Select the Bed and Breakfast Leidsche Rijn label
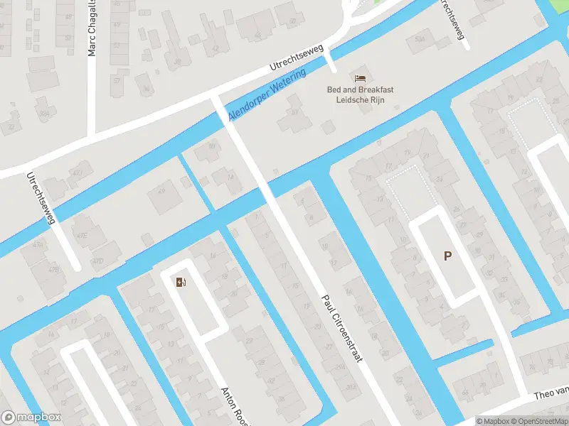(360, 94)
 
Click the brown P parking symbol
(447, 256)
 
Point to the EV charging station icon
(181, 283)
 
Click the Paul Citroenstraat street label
(341, 328)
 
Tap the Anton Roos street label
(234, 405)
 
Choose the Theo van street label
(551, 392)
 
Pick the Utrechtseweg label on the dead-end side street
(41, 199)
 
